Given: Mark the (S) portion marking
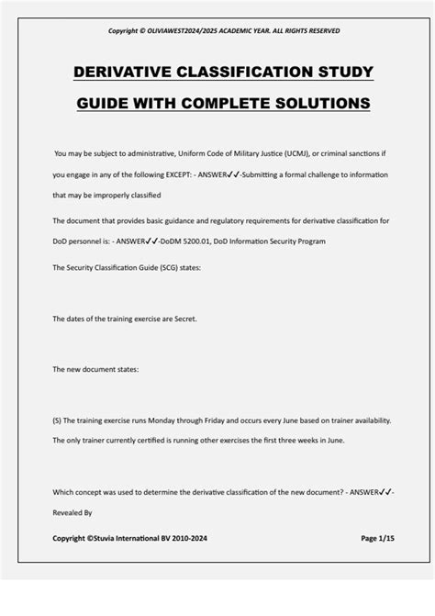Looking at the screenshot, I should [x=58, y=420].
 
